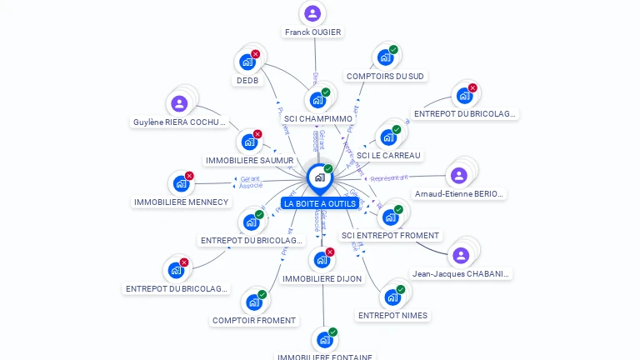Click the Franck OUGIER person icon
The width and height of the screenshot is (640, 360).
coord(312,13)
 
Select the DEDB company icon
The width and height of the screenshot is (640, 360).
coord(247,62)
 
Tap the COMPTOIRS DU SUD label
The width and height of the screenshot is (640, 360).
coord(385,77)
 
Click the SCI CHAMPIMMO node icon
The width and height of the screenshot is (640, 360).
coord(317,100)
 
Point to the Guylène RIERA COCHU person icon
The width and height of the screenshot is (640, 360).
coord(179,104)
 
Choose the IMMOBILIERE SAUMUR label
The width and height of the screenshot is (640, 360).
coord(249,160)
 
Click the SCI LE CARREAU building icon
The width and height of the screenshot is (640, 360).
coord(388,137)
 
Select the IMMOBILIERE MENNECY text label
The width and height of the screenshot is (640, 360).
coord(181,202)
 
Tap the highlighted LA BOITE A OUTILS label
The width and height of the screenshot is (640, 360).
coord(320,203)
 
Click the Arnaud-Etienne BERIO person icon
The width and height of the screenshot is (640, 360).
coord(458,176)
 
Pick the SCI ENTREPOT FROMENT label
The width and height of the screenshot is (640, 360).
coord(390,236)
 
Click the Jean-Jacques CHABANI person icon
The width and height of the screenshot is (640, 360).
coord(461,255)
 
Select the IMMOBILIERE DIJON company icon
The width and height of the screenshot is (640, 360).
coord(322,260)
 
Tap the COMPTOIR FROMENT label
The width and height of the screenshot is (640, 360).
coord(254,320)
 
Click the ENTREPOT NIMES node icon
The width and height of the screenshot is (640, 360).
coord(392,297)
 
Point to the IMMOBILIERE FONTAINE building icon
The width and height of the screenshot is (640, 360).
coord(324,340)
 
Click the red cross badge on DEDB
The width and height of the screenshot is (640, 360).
coord(256,54)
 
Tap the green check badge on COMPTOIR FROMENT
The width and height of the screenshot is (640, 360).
coord(262,294)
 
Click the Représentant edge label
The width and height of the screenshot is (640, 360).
coord(389,178)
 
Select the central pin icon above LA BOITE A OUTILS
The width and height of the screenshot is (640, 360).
coord(319,177)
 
